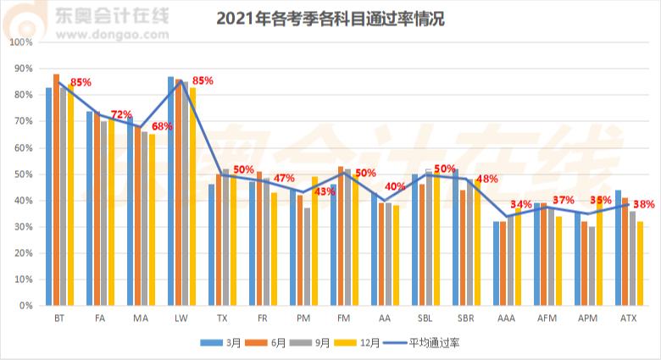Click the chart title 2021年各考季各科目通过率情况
click(330, 19)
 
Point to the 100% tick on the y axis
click(22, 42)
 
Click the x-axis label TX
click(221, 318)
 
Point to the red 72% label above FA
click(121, 114)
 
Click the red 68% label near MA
click(162, 126)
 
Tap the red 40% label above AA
click(395, 186)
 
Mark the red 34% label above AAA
click(521, 204)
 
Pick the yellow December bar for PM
click(314, 241)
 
